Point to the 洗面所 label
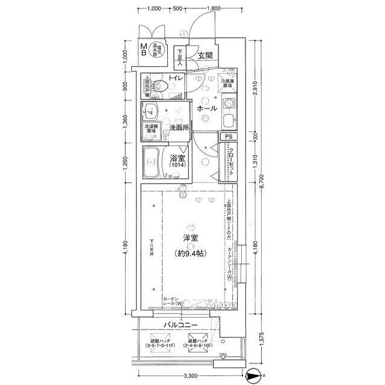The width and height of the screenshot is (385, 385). click(179, 128)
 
